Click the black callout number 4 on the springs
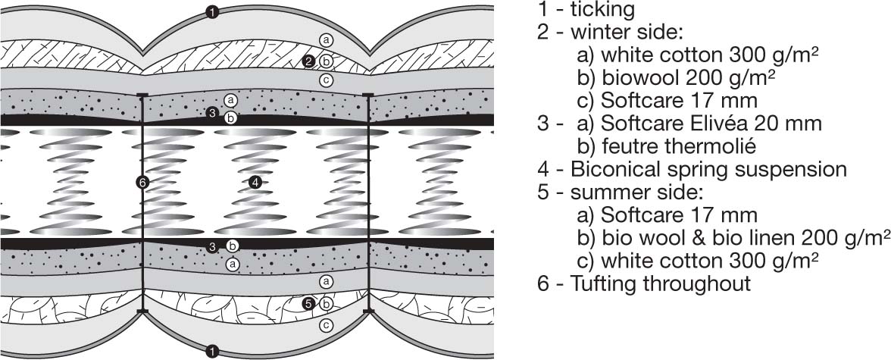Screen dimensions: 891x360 pyautogui.click(x=255, y=182)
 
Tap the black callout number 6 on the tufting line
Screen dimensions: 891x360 pyautogui.click(x=142, y=182)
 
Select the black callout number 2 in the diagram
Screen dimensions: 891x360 pyautogui.click(x=309, y=61)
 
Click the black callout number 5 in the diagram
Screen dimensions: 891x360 pyautogui.click(x=308, y=304)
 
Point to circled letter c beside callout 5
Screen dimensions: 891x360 pyautogui.click(x=326, y=325)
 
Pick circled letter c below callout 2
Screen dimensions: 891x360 pyautogui.click(x=326, y=80)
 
